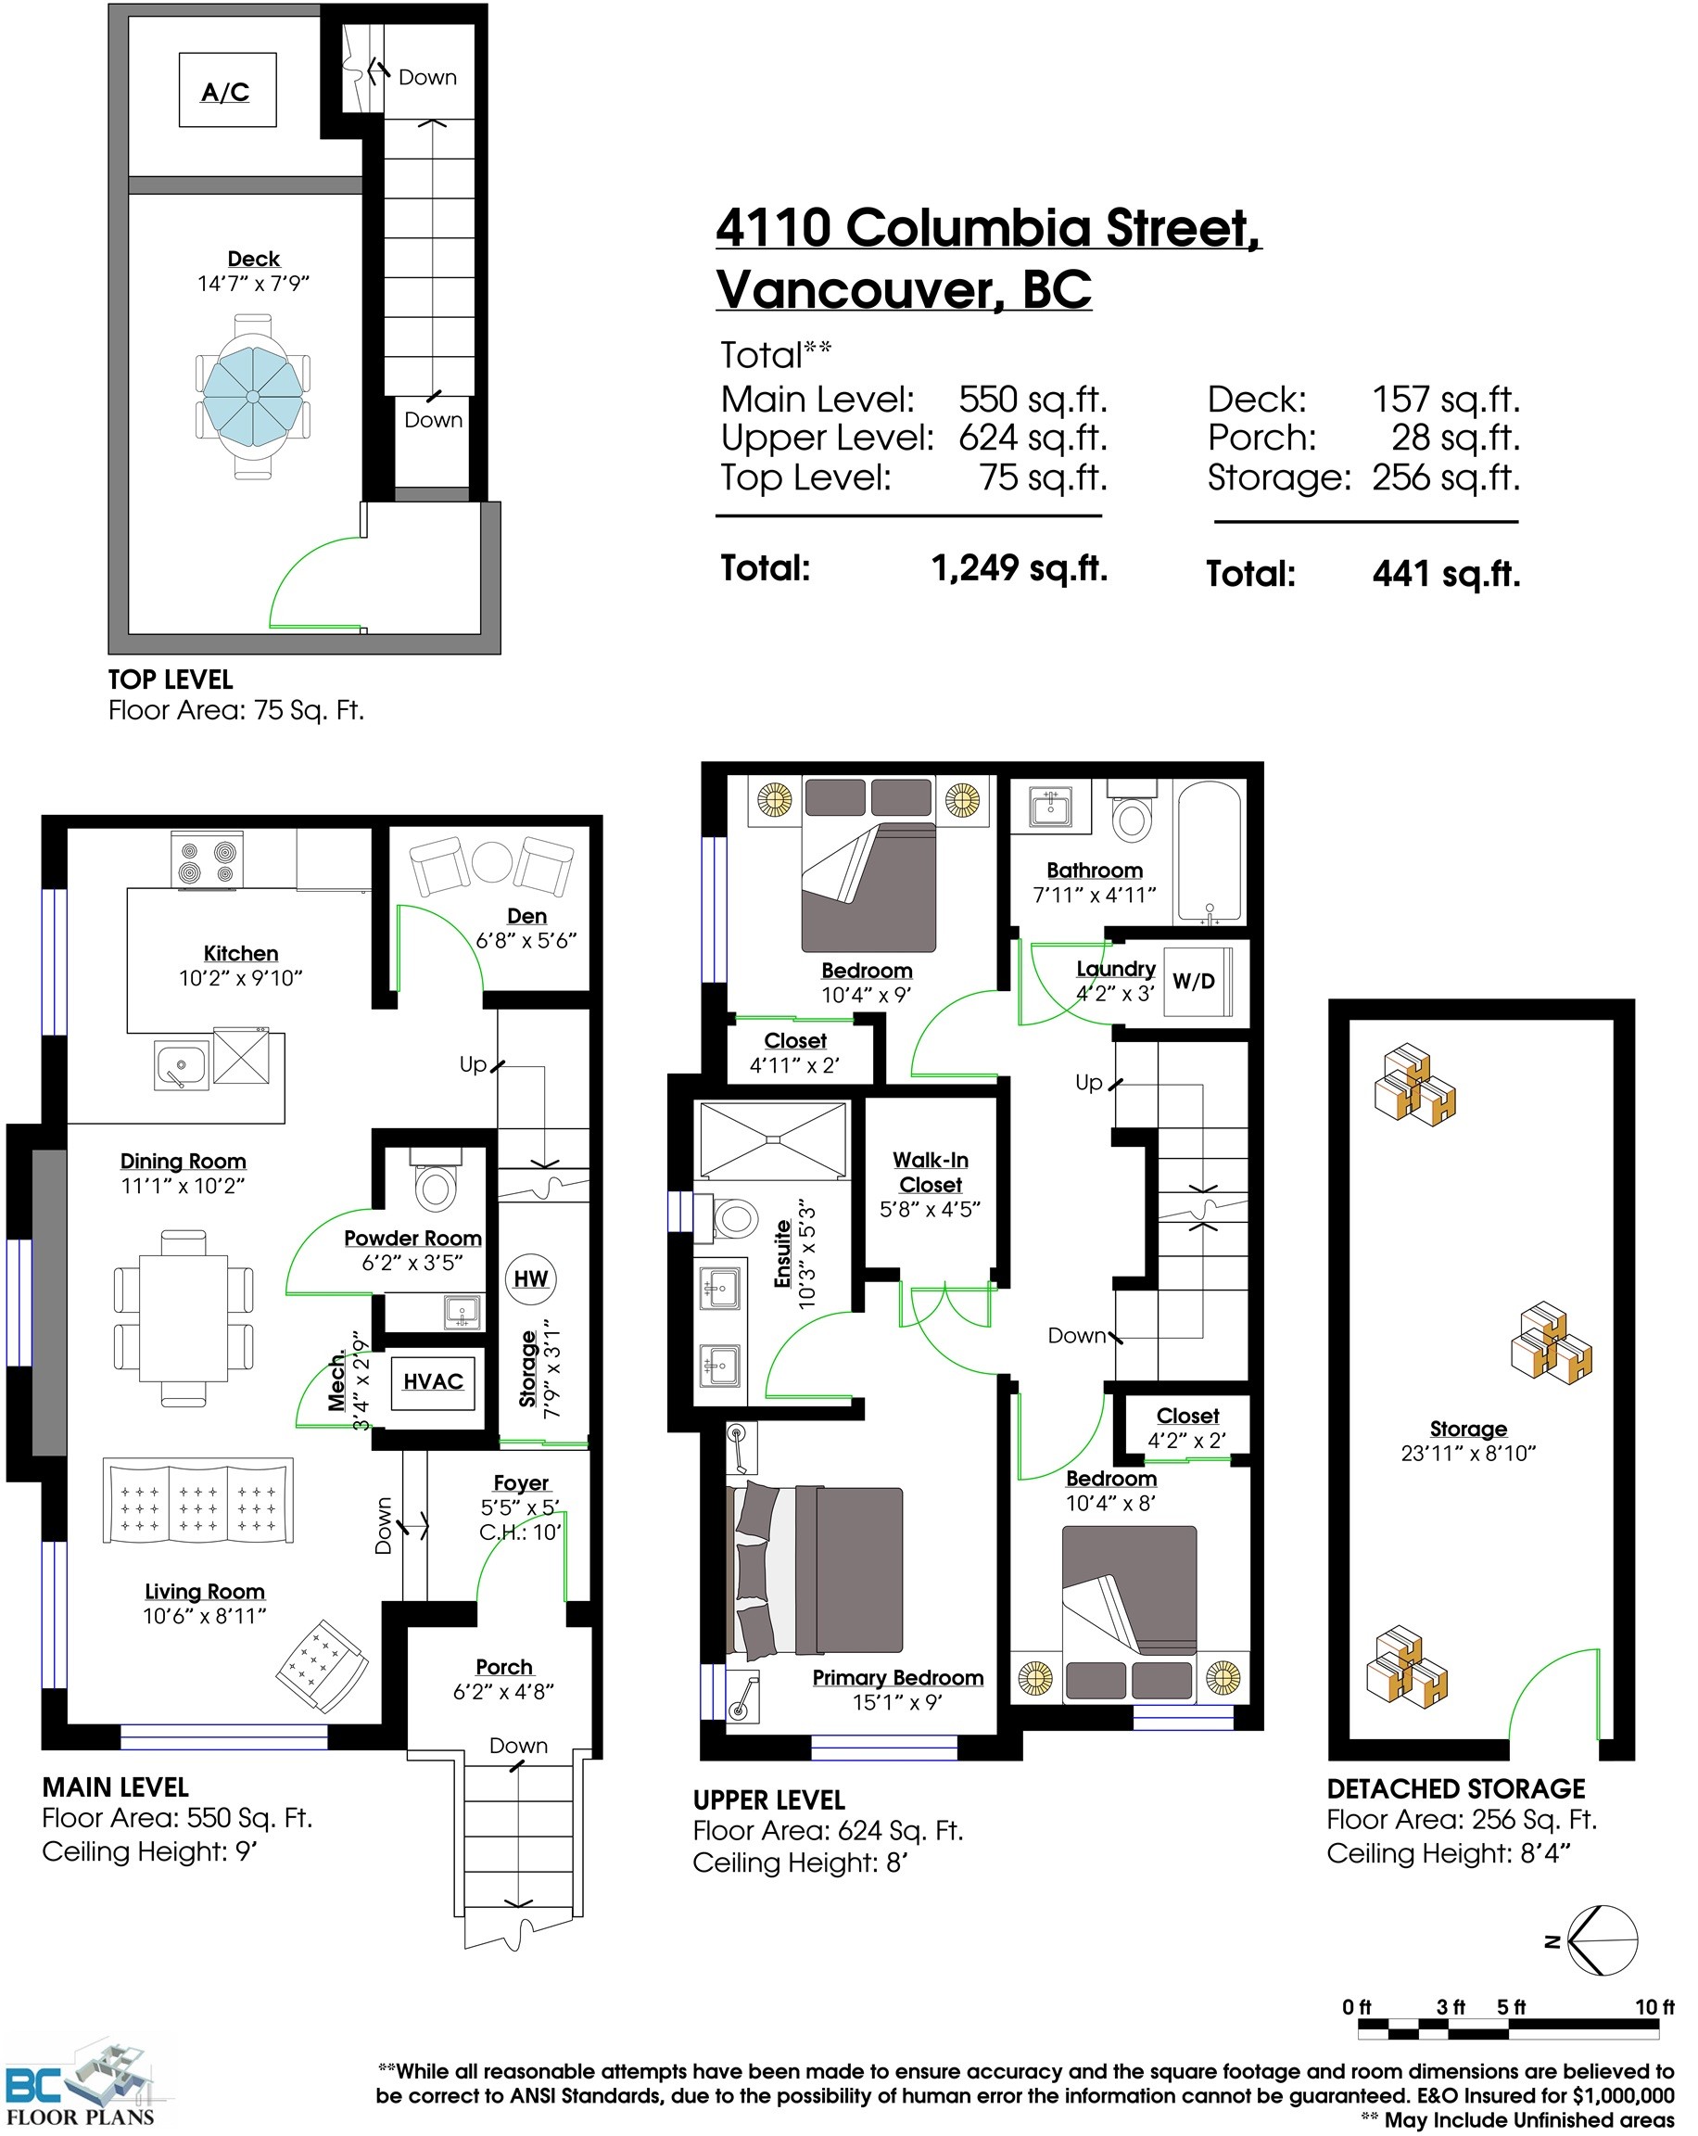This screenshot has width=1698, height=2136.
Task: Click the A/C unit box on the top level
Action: pyautogui.click(x=227, y=90)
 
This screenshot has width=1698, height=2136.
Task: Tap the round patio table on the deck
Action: pyautogui.click(x=253, y=396)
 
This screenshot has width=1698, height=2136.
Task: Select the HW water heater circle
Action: pyautogui.click(x=530, y=1278)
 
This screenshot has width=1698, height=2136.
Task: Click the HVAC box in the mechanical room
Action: pyautogui.click(x=433, y=1381)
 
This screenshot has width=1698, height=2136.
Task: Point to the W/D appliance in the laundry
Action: pyautogui.click(x=1195, y=981)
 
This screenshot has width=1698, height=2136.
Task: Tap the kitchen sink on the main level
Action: pyautogui.click(x=182, y=1065)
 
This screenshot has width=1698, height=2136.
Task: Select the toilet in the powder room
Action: pyautogui.click(x=435, y=1182)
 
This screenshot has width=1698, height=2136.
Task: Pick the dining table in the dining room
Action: pyautogui.click(x=184, y=1317)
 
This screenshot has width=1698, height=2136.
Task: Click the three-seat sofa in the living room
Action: pyautogui.click(x=198, y=1500)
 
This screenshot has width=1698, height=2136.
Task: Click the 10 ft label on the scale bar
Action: pyautogui.click(x=1654, y=2006)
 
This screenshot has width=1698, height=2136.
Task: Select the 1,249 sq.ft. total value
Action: pyautogui.click(x=1019, y=567)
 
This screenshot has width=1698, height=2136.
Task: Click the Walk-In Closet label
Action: pyautogui.click(x=931, y=1172)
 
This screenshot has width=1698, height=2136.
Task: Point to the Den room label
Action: pyautogui.click(x=526, y=915)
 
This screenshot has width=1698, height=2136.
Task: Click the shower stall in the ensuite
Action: pyautogui.click(x=773, y=1140)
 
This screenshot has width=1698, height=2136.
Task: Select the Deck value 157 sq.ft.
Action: pyautogui.click(x=1444, y=400)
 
